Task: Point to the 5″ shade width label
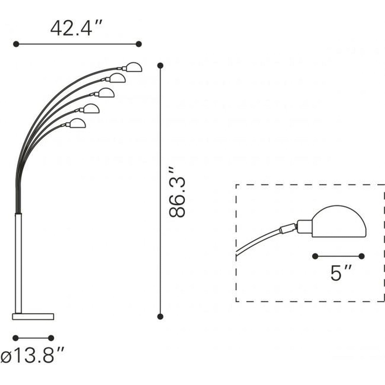(x=341, y=273)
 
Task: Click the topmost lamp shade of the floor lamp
(x=132, y=67)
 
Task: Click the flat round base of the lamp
(x=33, y=316)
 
